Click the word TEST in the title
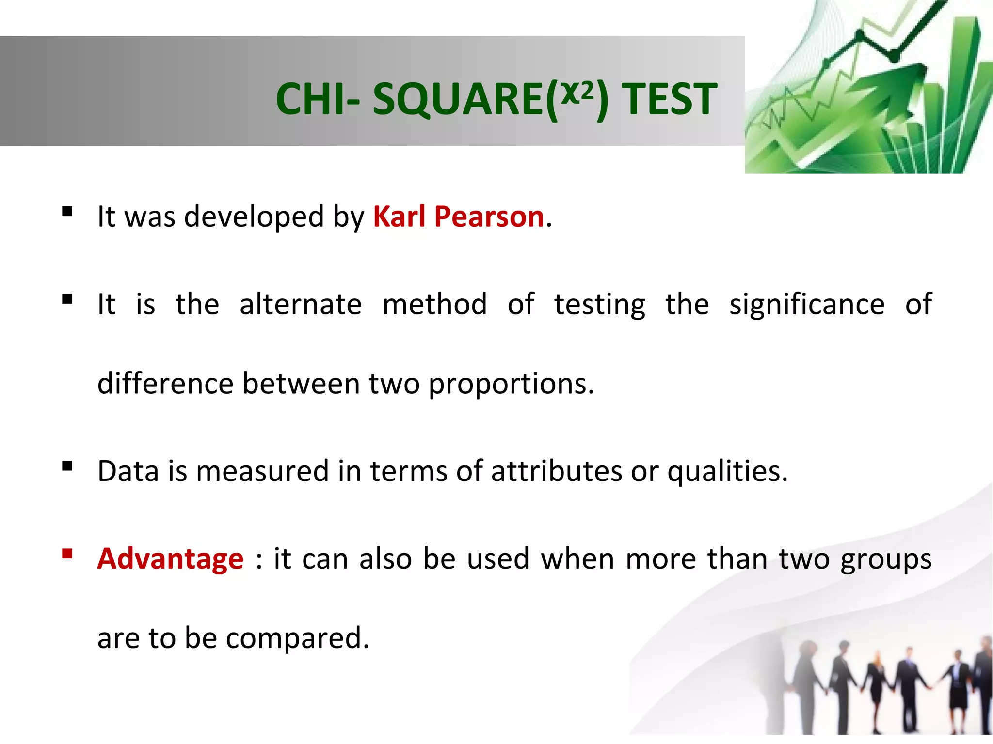tap(669, 99)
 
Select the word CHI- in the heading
tap(318, 99)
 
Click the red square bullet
tap(67, 553)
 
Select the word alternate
tap(301, 305)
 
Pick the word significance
tap(807, 305)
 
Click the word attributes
tap(556, 471)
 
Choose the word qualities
tap(727, 471)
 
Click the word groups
tap(886, 559)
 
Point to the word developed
tap(254, 217)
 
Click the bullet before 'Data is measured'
tap(67, 466)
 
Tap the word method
tap(434, 305)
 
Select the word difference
tap(165, 384)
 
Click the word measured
tap(262, 471)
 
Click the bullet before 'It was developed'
tap(67, 211)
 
